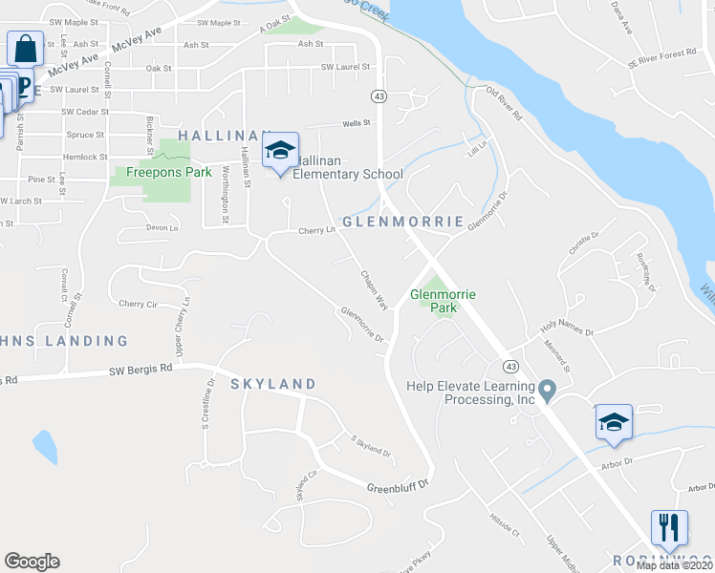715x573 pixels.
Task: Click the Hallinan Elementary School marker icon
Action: click(x=280, y=151)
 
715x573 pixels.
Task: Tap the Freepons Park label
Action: click(x=150, y=174)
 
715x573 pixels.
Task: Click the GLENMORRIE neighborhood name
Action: click(x=402, y=222)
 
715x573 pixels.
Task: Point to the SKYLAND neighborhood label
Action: click(x=272, y=384)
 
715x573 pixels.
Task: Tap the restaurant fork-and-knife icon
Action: click(x=669, y=527)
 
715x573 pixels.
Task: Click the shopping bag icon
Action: click(x=25, y=49)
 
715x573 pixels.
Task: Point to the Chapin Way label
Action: click(x=373, y=288)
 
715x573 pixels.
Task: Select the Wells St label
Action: click(x=356, y=123)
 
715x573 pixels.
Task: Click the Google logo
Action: click(x=32, y=562)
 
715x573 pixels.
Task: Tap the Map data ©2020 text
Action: click(x=674, y=565)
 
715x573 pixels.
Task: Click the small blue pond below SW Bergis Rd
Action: click(x=43, y=445)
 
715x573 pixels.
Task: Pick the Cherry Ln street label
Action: click(x=317, y=230)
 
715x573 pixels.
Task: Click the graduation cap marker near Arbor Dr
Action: click(x=614, y=423)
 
